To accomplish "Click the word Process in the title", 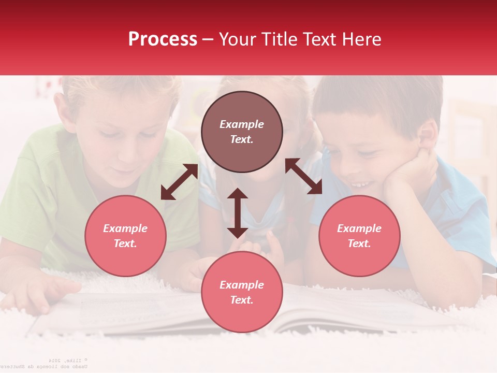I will click(163, 39).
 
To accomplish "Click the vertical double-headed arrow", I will click(238, 213).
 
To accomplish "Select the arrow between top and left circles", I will click(179, 182).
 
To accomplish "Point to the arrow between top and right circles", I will click(303, 176).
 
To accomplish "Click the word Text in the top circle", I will click(241, 139).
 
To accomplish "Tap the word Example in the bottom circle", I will click(242, 284).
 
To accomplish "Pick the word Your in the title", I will click(238, 39).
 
